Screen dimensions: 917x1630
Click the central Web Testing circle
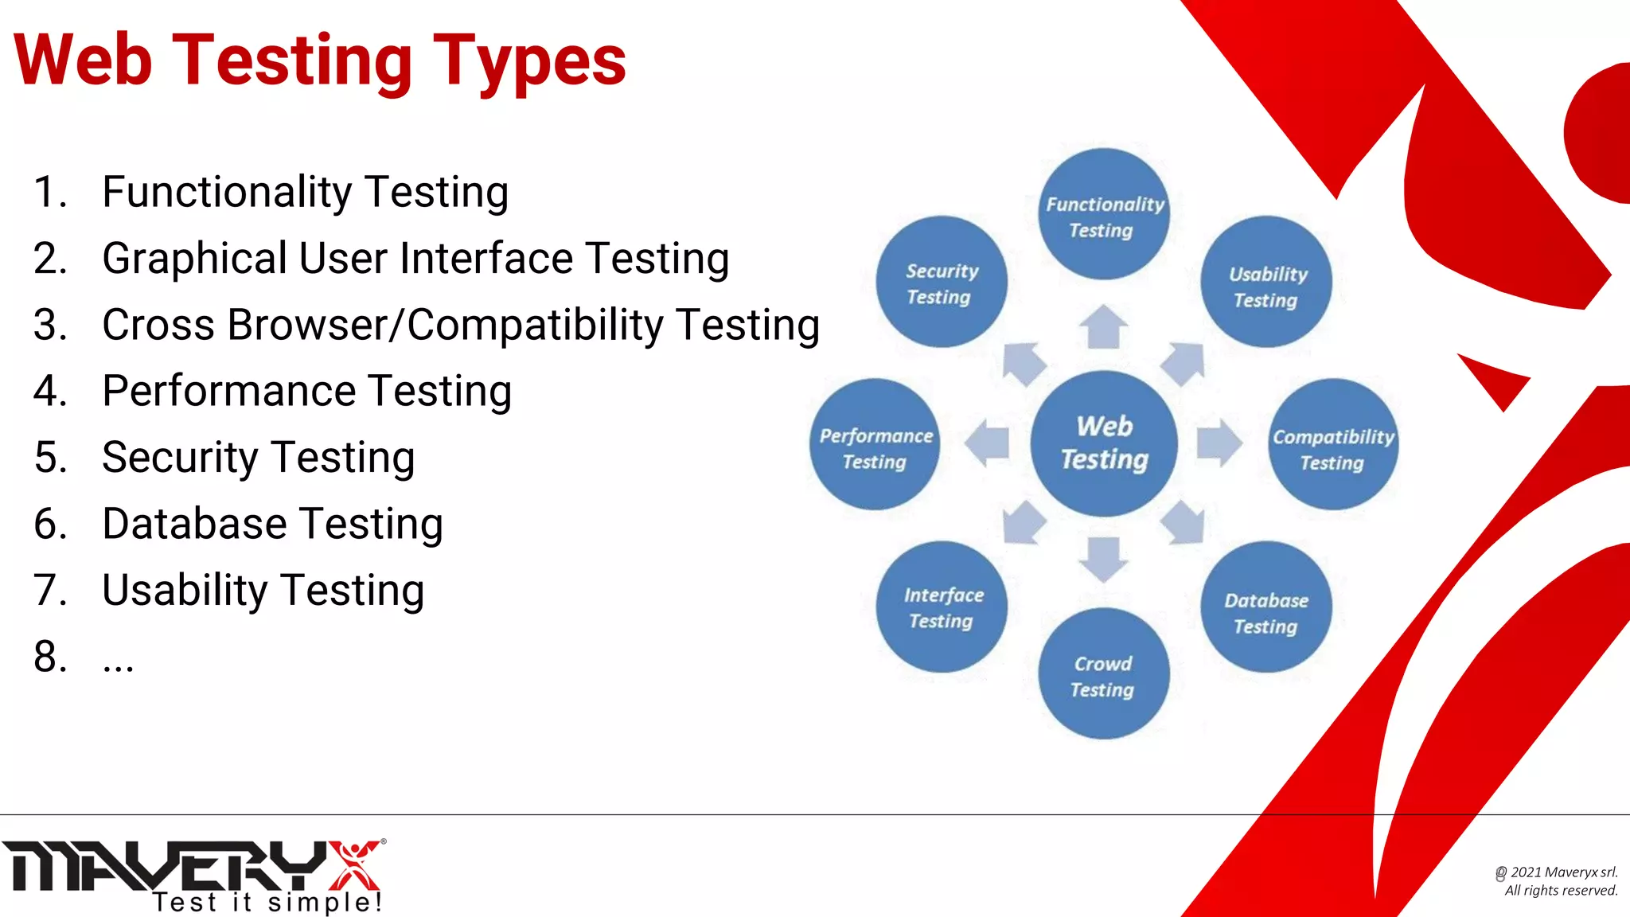coord(1104,443)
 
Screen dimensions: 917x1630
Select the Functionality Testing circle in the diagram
coord(1104,215)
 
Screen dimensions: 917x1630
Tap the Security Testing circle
coord(942,282)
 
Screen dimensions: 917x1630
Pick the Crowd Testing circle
coord(1104,674)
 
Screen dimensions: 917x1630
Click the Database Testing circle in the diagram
coord(1266,608)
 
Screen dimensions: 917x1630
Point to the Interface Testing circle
coord(942,607)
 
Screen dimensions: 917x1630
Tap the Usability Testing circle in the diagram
coord(1266,283)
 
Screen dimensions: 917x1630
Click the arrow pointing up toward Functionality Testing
coord(1103,327)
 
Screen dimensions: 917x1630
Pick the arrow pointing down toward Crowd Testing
coord(1103,558)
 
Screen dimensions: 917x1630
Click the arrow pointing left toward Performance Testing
coord(988,443)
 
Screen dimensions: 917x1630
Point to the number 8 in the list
coord(49,658)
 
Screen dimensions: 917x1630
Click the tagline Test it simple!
coord(268,903)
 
